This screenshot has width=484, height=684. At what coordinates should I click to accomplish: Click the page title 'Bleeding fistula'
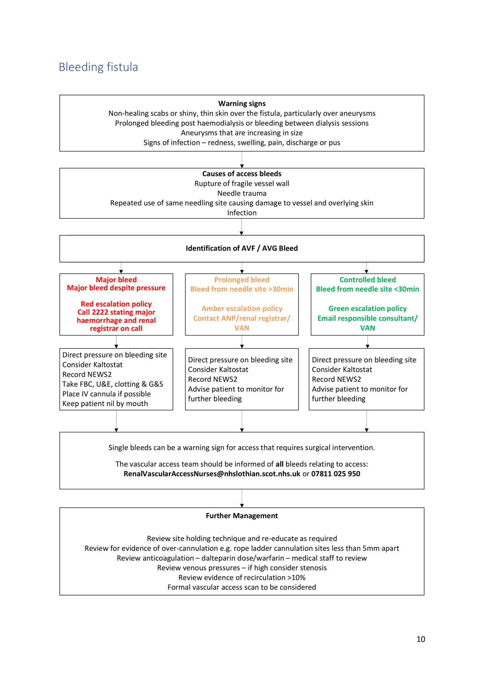click(x=98, y=67)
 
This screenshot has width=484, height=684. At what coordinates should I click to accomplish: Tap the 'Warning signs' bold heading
click(x=242, y=104)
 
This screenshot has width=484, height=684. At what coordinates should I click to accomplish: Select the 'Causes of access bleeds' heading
click(x=242, y=174)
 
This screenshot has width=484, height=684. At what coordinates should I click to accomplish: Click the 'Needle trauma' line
click(x=242, y=193)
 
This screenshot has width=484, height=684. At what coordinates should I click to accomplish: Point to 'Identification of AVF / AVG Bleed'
click(x=242, y=248)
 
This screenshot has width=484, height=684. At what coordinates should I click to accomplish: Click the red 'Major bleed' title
click(x=116, y=280)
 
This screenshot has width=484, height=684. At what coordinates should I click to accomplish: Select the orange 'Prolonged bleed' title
click(x=242, y=280)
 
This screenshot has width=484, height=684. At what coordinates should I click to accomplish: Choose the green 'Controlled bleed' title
click(x=367, y=280)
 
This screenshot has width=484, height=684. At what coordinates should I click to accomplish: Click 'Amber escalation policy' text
click(x=242, y=309)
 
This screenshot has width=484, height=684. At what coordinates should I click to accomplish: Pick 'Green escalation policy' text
click(x=367, y=309)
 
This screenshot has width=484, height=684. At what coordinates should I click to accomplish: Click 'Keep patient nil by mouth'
click(x=105, y=403)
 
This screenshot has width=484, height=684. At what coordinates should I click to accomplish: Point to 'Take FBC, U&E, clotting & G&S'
click(x=113, y=384)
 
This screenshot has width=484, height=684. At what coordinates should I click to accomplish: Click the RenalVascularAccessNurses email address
click(x=212, y=474)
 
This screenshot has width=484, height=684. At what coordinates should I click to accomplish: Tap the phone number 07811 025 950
click(x=336, y=474)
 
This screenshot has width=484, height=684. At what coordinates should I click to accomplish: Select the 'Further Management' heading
click(x=242, y=516)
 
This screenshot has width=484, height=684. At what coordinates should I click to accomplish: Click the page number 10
click(x=420, y=639)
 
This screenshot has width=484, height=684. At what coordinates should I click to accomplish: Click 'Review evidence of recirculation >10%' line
click(x=242, y=577)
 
